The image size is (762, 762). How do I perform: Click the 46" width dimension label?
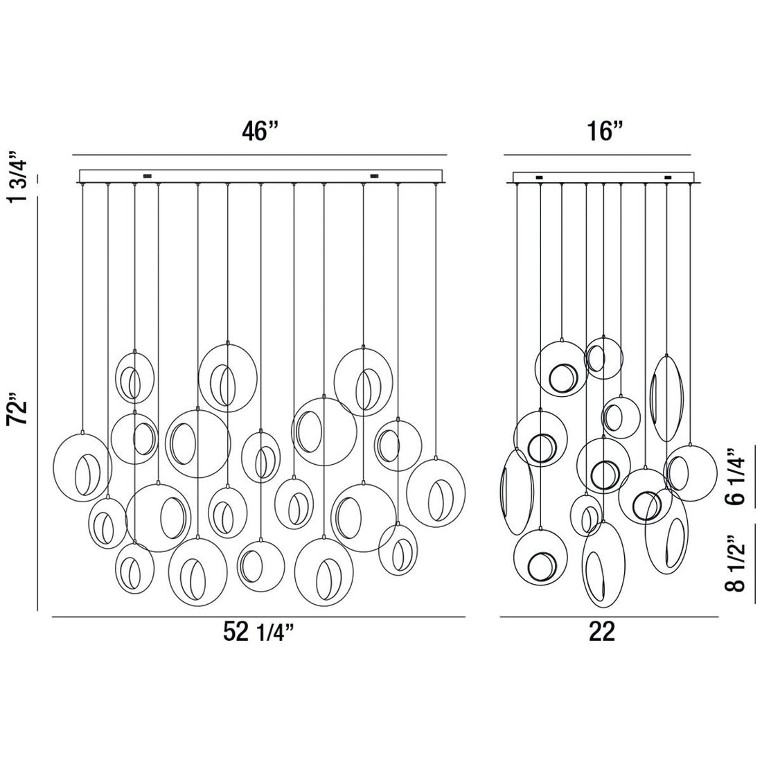pos(260,131)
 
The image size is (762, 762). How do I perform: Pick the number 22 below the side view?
pos(601,632)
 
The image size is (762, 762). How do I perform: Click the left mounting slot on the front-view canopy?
pos(147,176)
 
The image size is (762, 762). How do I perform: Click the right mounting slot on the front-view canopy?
pos(375,176)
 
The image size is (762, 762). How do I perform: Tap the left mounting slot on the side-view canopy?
pos(539,177)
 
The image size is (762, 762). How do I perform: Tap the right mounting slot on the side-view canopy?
pos(668,177)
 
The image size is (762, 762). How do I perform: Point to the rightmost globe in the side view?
pos(690,472)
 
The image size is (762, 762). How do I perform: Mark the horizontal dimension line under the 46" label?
pos(260,154)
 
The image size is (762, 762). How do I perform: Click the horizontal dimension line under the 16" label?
pos(597,154)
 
